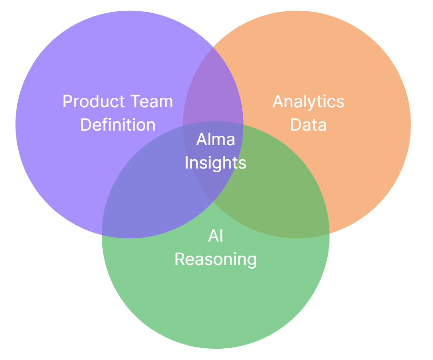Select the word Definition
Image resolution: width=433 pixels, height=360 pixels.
(x=118, y=125)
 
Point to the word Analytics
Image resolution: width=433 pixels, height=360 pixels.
(x=308, y=102)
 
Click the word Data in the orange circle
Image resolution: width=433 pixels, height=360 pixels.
(x=308, y=125)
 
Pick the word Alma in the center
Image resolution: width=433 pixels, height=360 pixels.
(x=216, y=139)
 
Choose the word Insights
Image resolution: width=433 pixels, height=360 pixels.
(x=216, y=162)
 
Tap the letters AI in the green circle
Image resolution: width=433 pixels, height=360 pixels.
(x=216, y=236)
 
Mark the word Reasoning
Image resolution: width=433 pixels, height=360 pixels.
(x=216, y=259)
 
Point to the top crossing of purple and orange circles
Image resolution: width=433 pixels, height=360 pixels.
(x=213, y=47)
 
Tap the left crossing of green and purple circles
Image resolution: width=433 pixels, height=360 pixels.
(x=102, y=233)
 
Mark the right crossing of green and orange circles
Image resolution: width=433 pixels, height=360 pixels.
(x=329, y=233)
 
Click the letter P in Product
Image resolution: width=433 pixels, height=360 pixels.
(x=67, y=102)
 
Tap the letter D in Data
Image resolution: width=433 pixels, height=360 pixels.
(x=295, y=125)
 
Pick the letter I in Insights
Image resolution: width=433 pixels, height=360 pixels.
(x=187, y=162)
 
